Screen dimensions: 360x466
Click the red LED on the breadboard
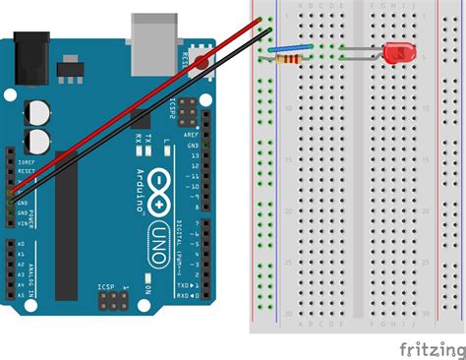click(398, 53)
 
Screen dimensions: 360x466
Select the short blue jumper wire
click(293, 47)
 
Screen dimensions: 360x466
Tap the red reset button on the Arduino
click(202, 64)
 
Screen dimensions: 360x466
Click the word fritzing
click(431, 349)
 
